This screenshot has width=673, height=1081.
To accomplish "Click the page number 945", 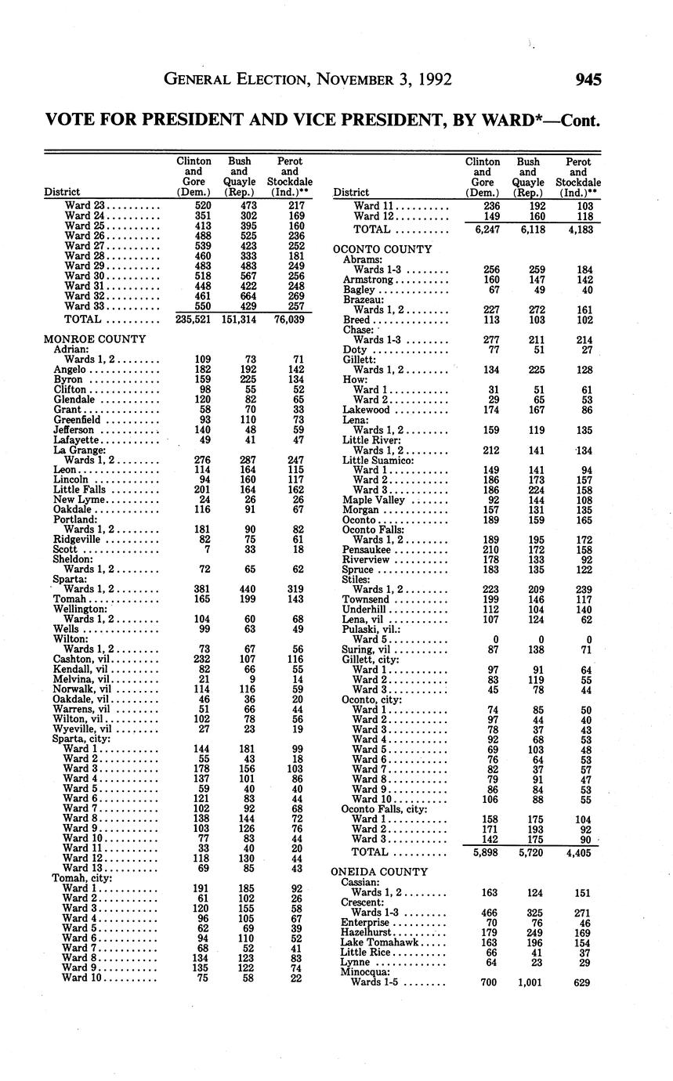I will [588, 79].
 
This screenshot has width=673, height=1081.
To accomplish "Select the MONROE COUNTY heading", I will [95, 339].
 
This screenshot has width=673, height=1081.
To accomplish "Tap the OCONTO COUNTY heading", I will [382, 249].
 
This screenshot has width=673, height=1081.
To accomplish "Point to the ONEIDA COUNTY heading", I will [379, 872].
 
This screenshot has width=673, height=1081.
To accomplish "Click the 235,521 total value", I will [194, 320].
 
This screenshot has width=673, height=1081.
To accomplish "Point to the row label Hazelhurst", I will [366, 933].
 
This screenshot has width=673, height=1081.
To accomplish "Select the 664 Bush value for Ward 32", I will [239, 297].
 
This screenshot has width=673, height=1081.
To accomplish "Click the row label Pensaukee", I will [367, 550].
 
